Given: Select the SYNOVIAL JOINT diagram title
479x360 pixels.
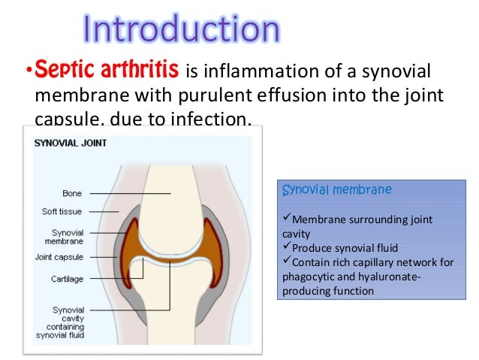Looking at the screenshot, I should click(70, 143).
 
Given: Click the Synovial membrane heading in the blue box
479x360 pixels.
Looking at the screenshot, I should click(336, 190).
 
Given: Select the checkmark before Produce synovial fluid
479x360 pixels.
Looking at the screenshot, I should click(285, 248).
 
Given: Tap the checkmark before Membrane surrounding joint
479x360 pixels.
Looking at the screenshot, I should click(285, 219).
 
